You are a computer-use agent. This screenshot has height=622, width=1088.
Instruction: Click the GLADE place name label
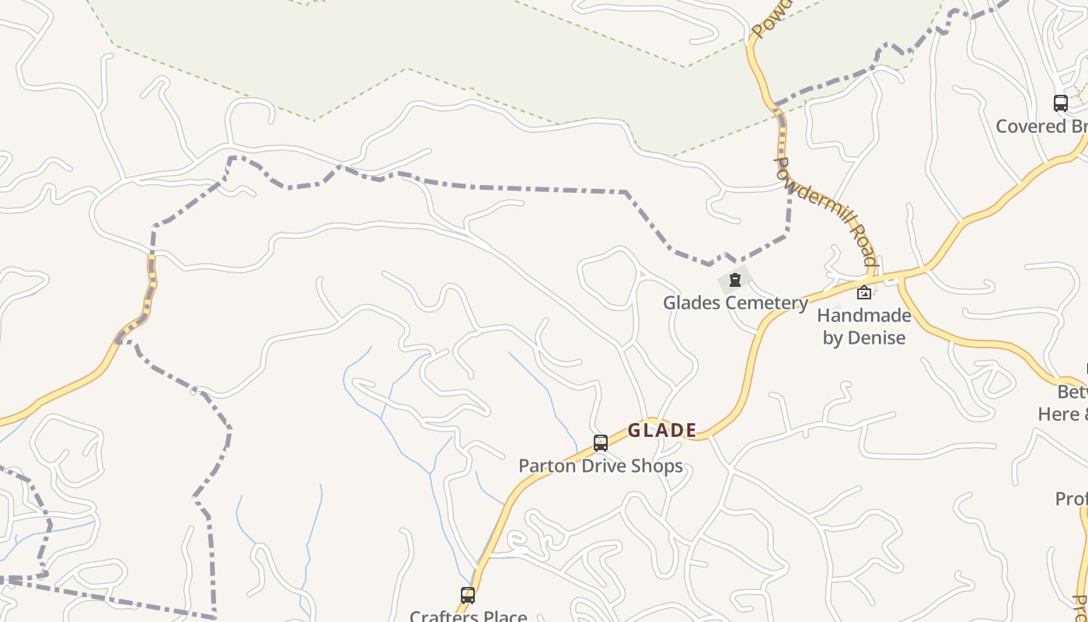point(662,430)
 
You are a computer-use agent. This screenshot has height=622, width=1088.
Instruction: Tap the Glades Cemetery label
point(735,302)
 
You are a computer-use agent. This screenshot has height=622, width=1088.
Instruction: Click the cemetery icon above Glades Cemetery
point(734,280)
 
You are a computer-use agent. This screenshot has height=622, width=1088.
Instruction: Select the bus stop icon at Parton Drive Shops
point(601,443)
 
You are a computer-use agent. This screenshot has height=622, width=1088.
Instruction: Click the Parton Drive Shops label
point(601,466)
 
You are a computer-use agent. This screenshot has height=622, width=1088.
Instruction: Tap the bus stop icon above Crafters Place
point(468,596)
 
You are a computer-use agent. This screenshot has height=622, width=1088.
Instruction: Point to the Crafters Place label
point(468,616)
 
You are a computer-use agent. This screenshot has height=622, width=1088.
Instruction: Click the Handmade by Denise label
point(863,327)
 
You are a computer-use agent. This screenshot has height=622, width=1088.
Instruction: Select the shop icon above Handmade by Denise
point(863,292)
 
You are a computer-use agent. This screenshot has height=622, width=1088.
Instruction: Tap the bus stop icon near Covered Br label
point(1061,103)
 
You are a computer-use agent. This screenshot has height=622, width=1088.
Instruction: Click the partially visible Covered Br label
point(1041,126)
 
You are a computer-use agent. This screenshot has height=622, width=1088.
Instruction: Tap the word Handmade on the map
point(863,316)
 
